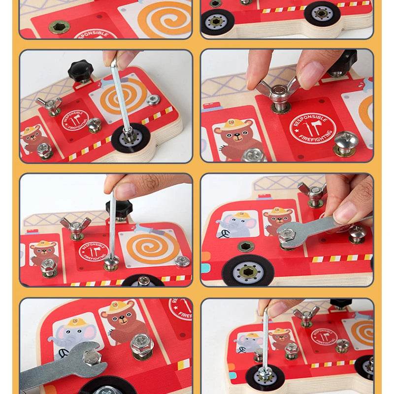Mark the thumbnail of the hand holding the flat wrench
pyautogui.click(x=344, y=212)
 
